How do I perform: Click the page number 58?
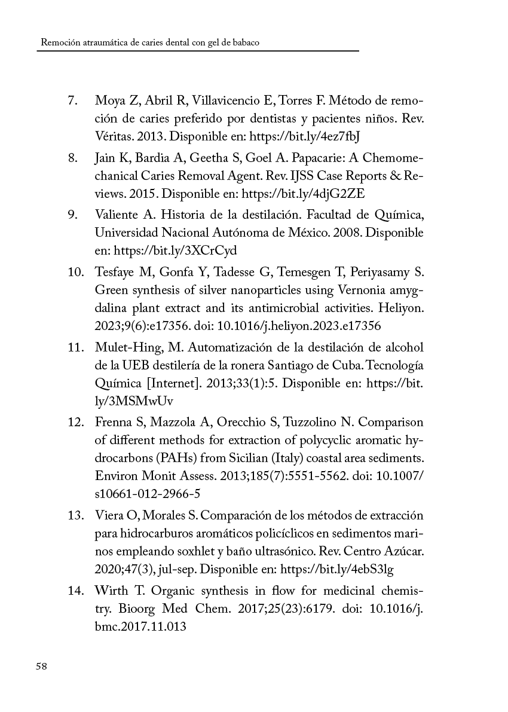(41, 667)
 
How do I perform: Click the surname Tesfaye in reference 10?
(115, 273)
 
